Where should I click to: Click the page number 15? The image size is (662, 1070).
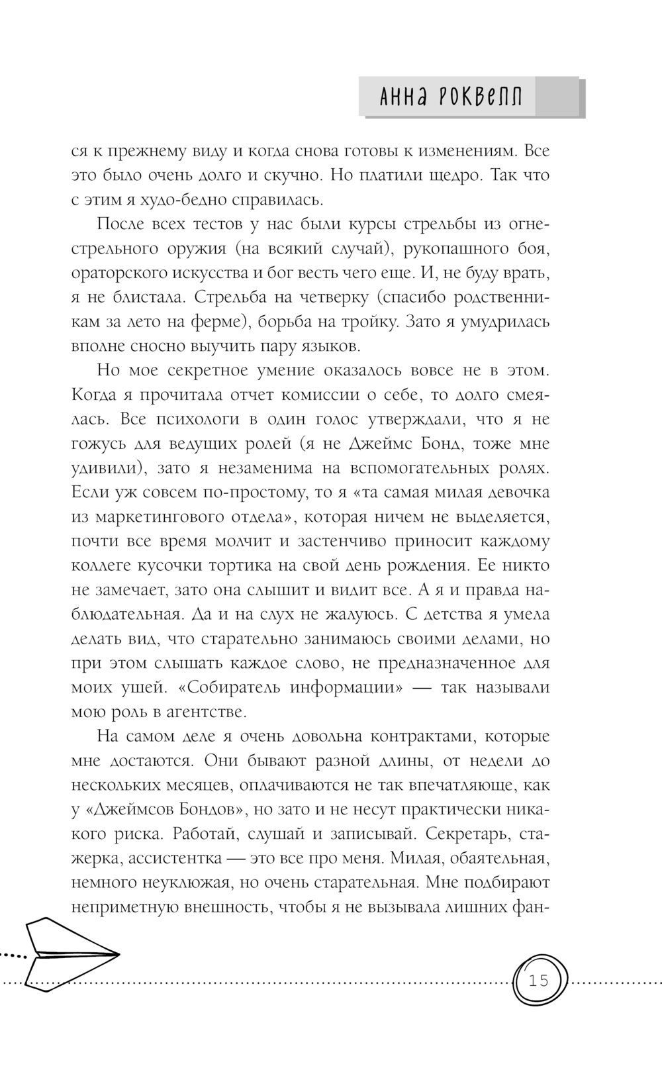[539, 980]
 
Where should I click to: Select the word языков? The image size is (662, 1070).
[328, 346]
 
